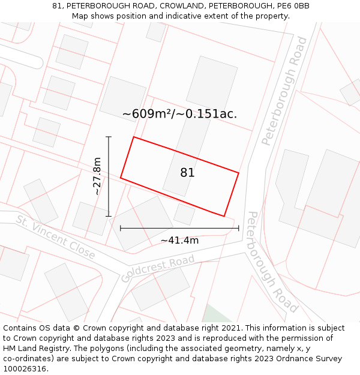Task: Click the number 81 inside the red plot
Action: click(x=187, y=173)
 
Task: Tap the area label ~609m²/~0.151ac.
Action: click(x=179, y=114)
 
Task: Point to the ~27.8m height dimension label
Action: click(x=97, y=176)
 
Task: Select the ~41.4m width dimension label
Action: click(x=179, y=241)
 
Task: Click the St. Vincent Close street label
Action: click(x=56, y=237)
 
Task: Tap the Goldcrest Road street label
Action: click(x=158, y=268)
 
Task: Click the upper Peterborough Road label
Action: click(x=284, y=91)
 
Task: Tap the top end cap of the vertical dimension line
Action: click(x=109, y=137)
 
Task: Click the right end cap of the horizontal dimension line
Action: click(x=239, y=228)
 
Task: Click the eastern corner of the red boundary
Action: click(x=239, y=173)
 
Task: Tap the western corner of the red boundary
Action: click(x=121, y=178)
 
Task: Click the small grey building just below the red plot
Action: click(x=184, y=214)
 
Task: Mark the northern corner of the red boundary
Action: click(x=133, y=137)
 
